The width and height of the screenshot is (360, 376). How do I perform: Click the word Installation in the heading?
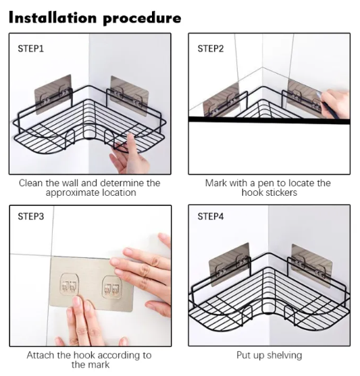[x=53, y=18]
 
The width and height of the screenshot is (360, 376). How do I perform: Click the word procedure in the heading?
[x=142, y=19]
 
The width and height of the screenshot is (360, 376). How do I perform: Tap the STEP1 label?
[x=30, y=49]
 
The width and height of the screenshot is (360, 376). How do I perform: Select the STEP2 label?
[x=211, y=49]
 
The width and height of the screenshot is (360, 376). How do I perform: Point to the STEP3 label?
[x=30, y=216]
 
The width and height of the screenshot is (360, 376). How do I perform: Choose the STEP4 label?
[x=211, y=216]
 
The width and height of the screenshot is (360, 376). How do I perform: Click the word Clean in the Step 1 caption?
[x=31, y=183]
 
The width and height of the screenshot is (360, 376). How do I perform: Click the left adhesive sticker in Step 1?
[x=53, y=95]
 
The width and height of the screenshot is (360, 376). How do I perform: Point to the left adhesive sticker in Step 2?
[x=222, y=100]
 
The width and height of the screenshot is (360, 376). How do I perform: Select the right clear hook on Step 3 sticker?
[x=112, y=288]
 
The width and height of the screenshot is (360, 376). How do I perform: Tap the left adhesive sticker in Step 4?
[x=229, y=265]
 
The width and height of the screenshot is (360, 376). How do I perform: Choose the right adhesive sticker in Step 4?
[x=312, y=265]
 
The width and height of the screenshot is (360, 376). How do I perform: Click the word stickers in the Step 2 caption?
[x=281, y=192]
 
